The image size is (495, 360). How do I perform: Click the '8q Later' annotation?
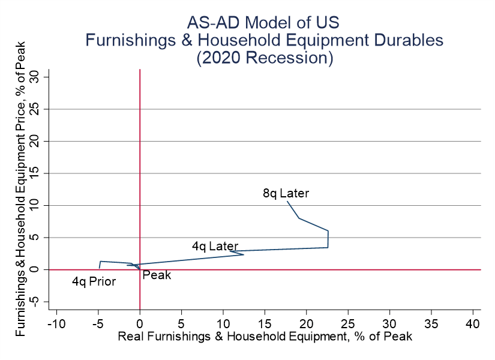click(286, 193)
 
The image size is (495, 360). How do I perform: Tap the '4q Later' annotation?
click(215, 246)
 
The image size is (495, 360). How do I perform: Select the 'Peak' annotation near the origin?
click(157, 275)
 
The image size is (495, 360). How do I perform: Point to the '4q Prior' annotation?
click(94, 281)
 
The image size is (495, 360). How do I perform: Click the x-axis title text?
click(265, 337)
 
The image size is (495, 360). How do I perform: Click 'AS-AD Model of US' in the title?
click(263, 23)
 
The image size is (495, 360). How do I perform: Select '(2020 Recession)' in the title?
click(264, 58)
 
